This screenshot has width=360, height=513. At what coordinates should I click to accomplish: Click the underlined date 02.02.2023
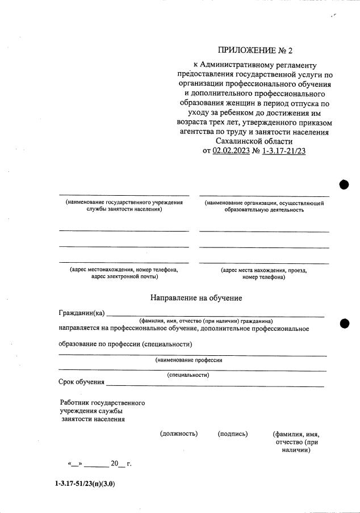pyautogui.click(x=231, y=151)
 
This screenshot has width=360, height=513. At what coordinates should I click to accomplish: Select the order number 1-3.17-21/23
pyautogui.click(x=284, y=151)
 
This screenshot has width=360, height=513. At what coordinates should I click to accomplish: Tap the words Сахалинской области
pyautogui.click(x=254, y=141)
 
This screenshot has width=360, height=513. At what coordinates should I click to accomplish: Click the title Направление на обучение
pyautogui.click(x=196, y=298)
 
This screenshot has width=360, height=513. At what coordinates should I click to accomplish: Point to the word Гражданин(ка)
pyautogui.click(x=82, y=313)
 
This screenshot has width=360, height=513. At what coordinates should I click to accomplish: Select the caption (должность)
pyautogui.click(x=179, y=434)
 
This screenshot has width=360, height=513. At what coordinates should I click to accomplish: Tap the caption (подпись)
pyautogui.click(x=232, y=434)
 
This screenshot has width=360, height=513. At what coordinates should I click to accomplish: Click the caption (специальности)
pyautogui.click(x=188, y=375)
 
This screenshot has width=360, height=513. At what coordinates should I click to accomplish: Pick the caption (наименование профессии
pyautogui.click(x=189, y=360)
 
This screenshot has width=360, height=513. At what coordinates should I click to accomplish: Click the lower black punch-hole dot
pyautogui.click(x=344, y=323)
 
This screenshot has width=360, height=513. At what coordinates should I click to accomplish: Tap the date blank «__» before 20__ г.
pyautogui.click(x=75, y=464)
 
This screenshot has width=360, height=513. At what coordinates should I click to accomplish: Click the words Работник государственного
pyautogui.click(x=102, y=403)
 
